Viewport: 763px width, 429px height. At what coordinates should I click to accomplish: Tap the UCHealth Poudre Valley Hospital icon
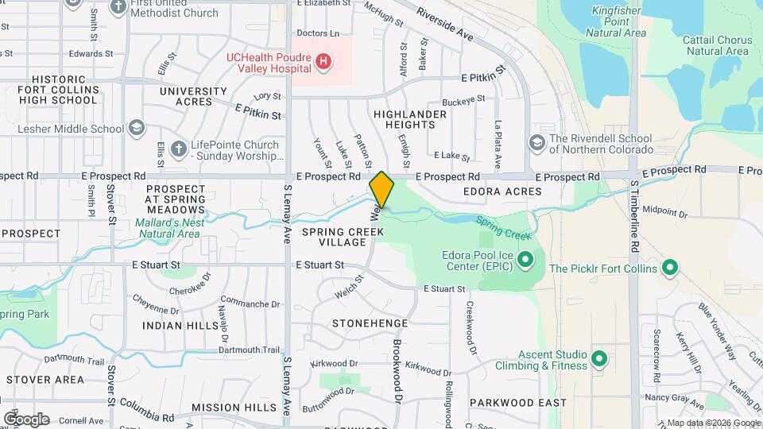click(323, 61)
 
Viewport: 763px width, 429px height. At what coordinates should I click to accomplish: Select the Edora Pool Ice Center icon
click(525, 260)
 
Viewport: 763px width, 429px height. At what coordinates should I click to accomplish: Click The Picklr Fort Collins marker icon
click(669, 269)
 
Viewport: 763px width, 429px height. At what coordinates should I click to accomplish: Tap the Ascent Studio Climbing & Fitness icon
click(599, 359)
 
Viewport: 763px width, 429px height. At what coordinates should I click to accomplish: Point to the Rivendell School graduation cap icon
click(536, 142)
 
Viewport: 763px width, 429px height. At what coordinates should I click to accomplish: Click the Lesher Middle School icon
click(137, 129)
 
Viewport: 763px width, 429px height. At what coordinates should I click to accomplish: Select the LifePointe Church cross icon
click(179, 149)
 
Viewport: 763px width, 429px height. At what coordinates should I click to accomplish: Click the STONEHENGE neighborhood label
click(370, 323)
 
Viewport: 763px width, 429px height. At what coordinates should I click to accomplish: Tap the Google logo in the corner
click(26, 419)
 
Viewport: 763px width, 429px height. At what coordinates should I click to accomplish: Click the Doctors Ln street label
click(317, 33)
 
